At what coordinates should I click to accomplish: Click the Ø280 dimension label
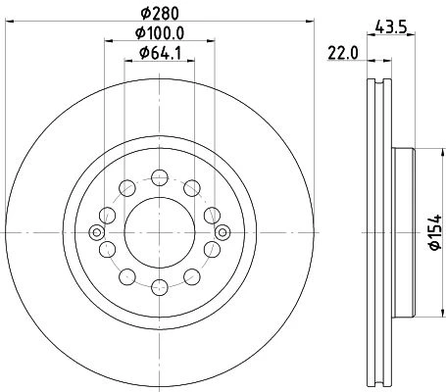click(x=160, y=14)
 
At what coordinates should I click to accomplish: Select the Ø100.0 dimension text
click(x=160, y=33)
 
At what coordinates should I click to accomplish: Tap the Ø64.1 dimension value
click(x=160, y=53)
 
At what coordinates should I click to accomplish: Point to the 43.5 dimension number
click(x=391, y=27)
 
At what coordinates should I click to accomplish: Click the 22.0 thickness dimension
click(x=343, y=53)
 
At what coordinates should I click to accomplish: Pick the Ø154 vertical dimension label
click(x=435, y=232)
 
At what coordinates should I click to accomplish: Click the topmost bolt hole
click(x=160, y=177)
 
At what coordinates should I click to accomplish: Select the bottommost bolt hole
click(x=160, y=287)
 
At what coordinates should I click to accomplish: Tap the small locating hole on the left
click(x=97, y=232)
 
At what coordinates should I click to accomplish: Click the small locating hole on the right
click(x=223, y=232)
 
